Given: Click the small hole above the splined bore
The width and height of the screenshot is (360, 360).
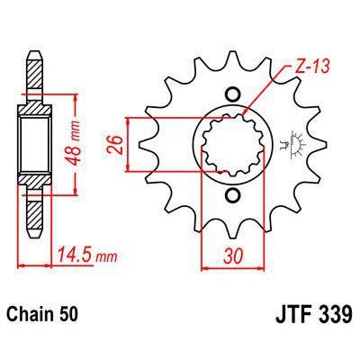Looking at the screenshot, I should pos(233,94).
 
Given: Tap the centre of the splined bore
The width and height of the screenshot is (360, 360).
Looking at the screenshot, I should pos(233,144).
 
